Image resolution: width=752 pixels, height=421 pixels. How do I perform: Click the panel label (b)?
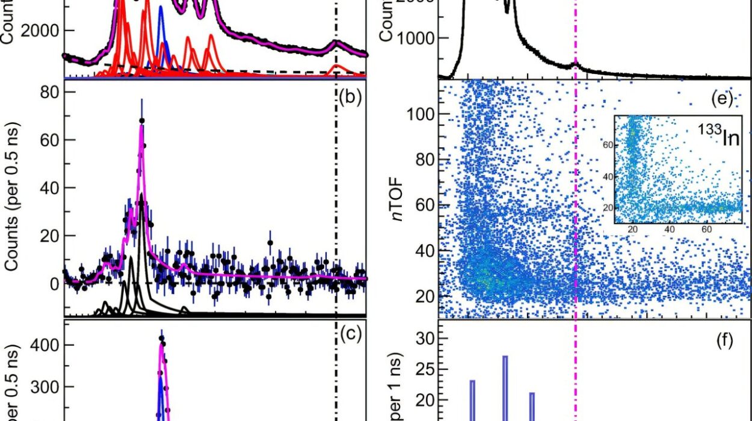pyautogui.click(x=351, y=97)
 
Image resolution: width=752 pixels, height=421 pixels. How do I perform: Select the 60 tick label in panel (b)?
pyautogui.click(x=48, y=140)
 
